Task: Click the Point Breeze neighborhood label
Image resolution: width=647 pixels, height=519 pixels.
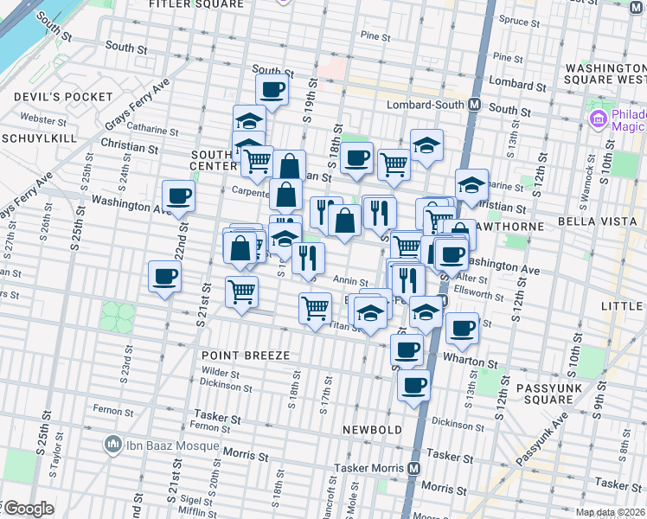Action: click(245, 356)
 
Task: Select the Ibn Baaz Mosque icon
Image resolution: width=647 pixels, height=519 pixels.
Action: click(112, 445)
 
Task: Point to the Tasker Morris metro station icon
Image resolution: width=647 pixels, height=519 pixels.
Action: click(414, 468)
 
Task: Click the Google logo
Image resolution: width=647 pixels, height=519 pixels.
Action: click(28, 508)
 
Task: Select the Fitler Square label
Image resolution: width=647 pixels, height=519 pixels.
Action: click(196, 4)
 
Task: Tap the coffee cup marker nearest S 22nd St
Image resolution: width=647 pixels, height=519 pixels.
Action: click(178, 196)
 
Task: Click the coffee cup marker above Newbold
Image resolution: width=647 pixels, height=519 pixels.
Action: click(413, 384)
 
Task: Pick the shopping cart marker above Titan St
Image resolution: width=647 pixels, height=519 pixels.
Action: click(316, 308)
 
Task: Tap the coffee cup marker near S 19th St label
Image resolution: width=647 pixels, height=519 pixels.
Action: click(272, 90)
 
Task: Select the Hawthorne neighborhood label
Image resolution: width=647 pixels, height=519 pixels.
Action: click(516, 226)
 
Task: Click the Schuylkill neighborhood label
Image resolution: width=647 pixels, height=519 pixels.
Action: click(39, 138)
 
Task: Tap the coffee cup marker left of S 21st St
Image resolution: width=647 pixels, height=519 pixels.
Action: click(164, 278)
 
